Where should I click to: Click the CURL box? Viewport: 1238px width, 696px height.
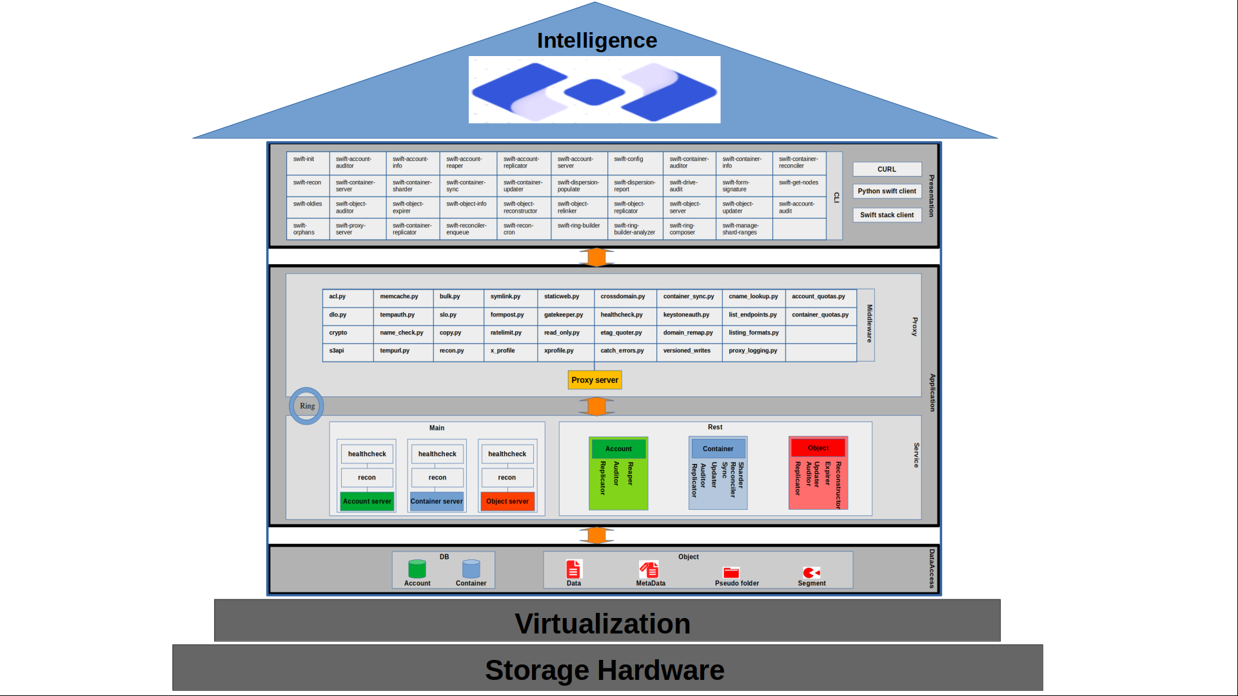(887, 169)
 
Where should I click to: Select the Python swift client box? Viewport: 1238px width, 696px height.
(887, 191)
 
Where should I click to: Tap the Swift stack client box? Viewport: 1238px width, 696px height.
(887, 215)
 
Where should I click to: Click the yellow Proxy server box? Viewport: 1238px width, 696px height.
(594, 380)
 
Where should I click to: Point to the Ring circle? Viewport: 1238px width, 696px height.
(307, 406)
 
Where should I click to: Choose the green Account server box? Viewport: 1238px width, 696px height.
(367, 501)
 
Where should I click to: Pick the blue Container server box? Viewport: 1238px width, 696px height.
(437, 501)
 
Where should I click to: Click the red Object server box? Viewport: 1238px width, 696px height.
(507, 501)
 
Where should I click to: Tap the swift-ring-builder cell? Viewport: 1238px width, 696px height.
(579, 229)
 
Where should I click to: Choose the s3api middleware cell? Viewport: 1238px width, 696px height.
(348, 351)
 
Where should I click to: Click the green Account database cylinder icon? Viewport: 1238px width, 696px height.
(417, 568)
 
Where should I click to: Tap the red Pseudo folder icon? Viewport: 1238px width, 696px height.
(731, 572)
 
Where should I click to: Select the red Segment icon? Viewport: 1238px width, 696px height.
(811, 572)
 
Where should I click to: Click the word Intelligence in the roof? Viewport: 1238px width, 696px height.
(597, 41)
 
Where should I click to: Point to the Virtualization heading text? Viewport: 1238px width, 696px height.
(602, 623)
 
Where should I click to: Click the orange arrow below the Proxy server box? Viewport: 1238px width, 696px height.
(596, 407)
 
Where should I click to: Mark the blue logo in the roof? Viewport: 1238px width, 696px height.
(594, 90)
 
